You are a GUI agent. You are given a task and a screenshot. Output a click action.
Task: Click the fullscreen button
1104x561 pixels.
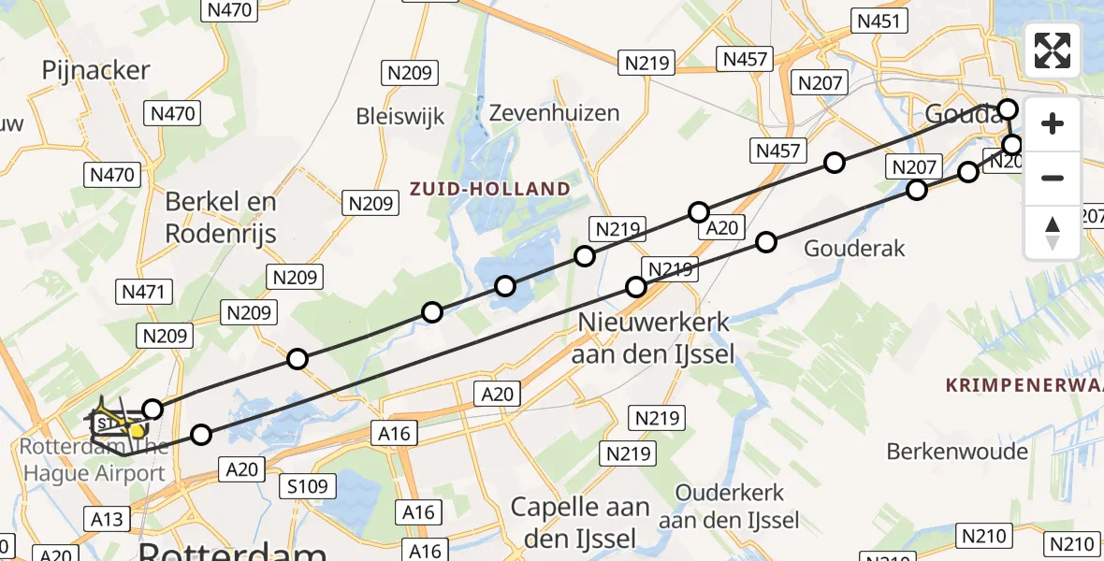pos(1053,50)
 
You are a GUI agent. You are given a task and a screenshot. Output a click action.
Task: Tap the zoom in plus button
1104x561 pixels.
pos(1053,123)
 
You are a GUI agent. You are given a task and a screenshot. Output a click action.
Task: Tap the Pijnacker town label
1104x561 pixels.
pos(96,70)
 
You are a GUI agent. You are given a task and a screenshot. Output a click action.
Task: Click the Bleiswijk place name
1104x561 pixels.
pos(400,116)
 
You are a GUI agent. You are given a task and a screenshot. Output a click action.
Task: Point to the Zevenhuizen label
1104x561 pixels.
pos(555,113)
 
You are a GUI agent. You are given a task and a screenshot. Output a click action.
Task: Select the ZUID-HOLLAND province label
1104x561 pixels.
pos(489,189)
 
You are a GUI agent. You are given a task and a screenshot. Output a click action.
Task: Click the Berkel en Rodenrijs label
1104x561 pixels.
pos(221,217)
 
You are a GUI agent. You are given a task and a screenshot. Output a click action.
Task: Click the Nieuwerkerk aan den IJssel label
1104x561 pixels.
pos(654,338)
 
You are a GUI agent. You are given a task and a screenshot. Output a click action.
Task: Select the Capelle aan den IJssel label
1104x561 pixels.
pos(580,523)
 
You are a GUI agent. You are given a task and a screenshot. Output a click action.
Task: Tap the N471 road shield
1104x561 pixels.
pos(143,292)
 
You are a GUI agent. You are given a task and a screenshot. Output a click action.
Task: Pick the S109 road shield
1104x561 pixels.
pos(308,485)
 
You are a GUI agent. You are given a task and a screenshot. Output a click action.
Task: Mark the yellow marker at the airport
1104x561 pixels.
pos(137,431)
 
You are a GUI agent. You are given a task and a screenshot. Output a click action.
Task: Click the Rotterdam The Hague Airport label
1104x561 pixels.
pos(94,461)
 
